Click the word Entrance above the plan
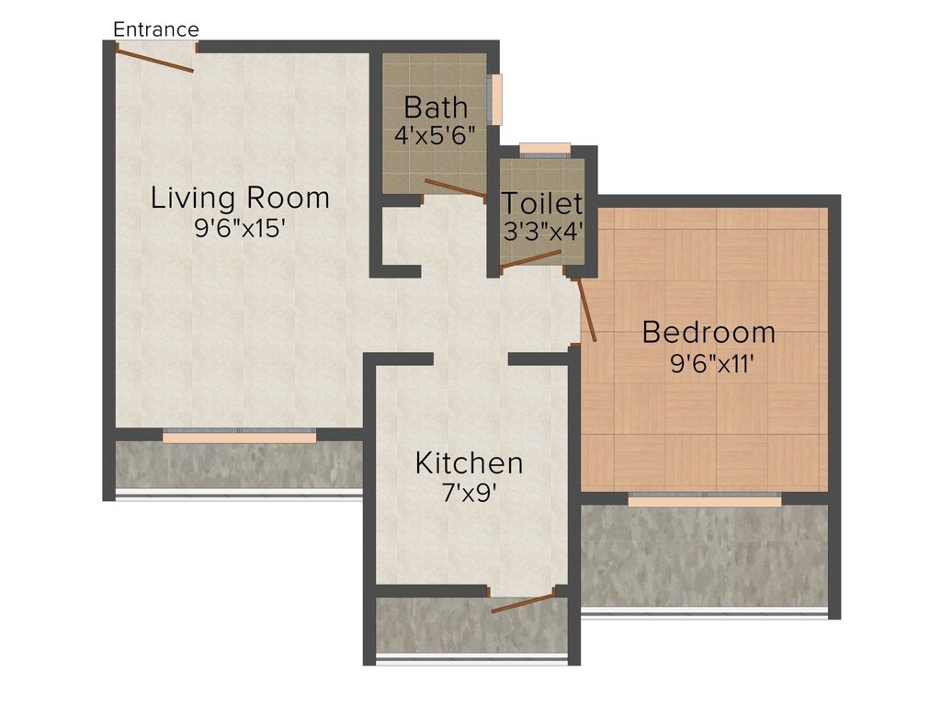point(156,29)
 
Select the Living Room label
point(240,199)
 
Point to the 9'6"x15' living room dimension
point(238,228)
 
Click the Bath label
point(436,108)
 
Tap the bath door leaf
point(456,188)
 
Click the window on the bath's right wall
point(495,99)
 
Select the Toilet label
point(542,203)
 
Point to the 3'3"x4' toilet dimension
point(542,231)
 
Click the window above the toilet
point(545,150)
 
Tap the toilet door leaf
point(530,258)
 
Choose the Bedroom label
point(709,332)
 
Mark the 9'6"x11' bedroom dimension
point(711,364)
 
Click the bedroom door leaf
point(586,311)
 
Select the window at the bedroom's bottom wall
point(705,500)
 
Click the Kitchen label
point(469,463)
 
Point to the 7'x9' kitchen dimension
point(469,494)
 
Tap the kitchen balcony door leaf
point(522,603)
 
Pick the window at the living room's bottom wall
point(240,436)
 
